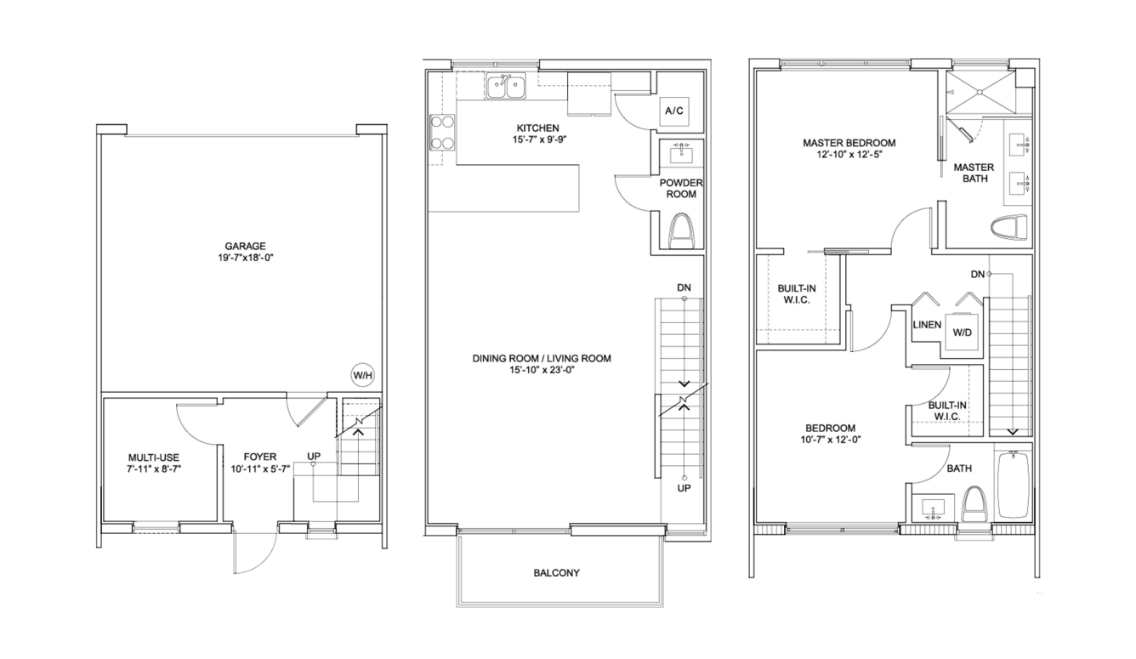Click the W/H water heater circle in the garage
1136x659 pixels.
click(363, 375)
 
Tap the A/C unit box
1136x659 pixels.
click(674, 111)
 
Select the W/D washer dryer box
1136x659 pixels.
click(962, 332)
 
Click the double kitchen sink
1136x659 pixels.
click(506, 86)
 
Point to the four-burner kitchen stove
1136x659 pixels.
click(442, 133)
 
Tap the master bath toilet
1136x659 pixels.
click(1008, 227)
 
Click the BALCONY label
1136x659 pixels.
click(556, 573)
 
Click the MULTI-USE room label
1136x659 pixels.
click(154, 457)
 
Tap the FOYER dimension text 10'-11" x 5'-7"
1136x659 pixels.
click(260, 469)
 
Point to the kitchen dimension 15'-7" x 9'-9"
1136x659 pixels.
click(538, 139)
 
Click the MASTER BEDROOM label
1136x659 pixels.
click(849, 143)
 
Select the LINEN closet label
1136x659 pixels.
click(927, 325)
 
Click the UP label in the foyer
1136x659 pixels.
click(314, 456)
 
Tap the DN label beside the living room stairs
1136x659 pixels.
click(684, 287)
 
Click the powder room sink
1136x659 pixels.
click(680, 152)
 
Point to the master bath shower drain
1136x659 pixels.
click(980, 92)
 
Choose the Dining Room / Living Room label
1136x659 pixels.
click(542, 359)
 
